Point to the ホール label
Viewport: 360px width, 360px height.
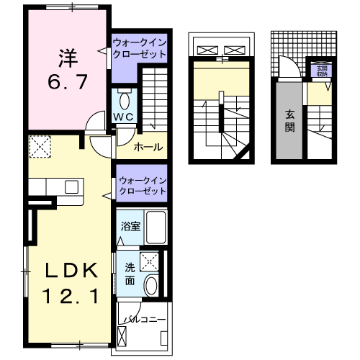[148, 148]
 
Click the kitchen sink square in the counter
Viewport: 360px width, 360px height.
[72, 186]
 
